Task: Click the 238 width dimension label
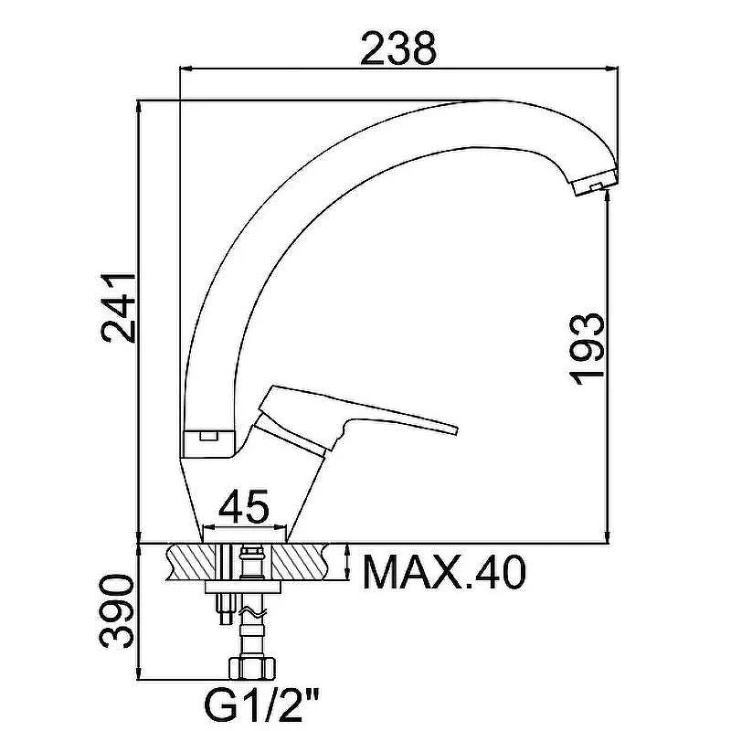pos(398,48)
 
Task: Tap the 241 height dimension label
pos(119,309)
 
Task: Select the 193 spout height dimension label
pos(587,349)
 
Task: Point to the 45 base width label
pos(244,506)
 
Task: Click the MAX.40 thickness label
pos(444,572)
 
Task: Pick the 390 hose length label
pos(117,611)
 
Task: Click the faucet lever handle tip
pos(455,429)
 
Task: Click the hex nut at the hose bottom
pos(252,669)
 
